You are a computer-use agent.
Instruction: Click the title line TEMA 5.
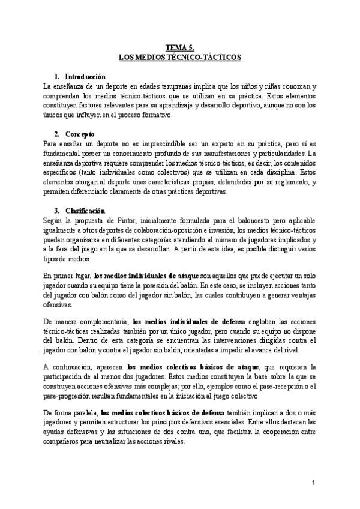tap(180, 49)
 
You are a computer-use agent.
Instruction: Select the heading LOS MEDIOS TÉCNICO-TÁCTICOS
tap(180, 58)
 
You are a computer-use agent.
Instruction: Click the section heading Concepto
tap(80, 133)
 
